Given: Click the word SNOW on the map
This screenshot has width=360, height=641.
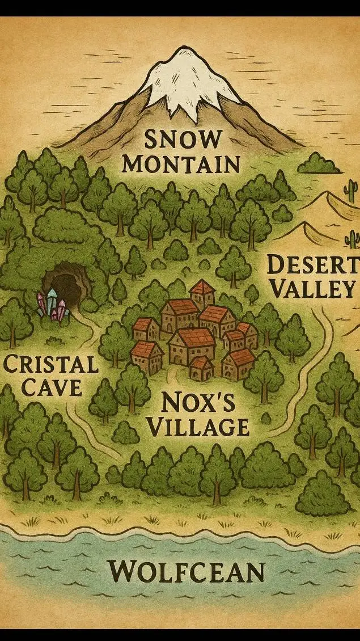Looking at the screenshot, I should coord(182,138).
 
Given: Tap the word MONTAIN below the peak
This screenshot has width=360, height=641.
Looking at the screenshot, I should coord(182,163).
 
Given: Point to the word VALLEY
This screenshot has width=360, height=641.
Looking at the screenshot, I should coord(311,289).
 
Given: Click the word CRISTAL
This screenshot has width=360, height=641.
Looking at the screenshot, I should coord(50,364).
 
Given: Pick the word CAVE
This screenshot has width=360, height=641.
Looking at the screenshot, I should coord(50,388).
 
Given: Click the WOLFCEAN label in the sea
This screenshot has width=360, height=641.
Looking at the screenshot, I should coord(187,571).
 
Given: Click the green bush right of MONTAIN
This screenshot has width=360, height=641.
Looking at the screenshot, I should coord(319,164).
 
